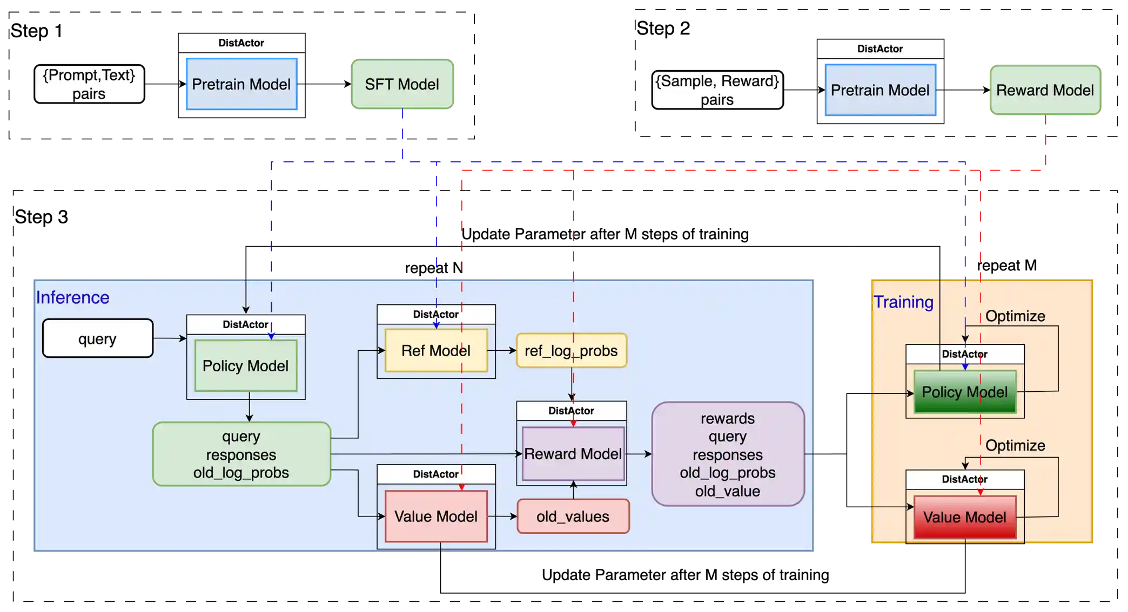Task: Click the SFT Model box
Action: [x=402, y=84]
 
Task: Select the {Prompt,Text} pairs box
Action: [x=89, y=84]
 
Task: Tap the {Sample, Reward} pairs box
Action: [x=717, y=90]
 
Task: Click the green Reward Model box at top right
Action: [x=1045, y=90]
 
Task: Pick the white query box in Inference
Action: [x=97, y=338]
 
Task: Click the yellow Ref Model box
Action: [x=435, y=351]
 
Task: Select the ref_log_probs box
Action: [x=571, y=351]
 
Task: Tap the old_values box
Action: [x=573, y=516]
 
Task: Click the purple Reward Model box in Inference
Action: [x=573, y=454]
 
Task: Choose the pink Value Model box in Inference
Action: [x=435, y=516]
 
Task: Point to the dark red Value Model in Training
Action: [x=964, y=517]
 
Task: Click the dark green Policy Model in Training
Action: [x=964, y=392]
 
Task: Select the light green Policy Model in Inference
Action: [x=245, y=366]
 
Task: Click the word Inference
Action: [x=72, y=297]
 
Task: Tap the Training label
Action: [x=903, y=302]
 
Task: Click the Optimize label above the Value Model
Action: [x=1015, y=445]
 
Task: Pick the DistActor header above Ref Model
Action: [x=435, y=314]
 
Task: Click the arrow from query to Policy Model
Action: [x=170, y=338]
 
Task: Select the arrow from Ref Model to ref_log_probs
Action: [x=502, y=351]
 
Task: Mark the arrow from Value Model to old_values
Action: [x=502, y=516]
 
